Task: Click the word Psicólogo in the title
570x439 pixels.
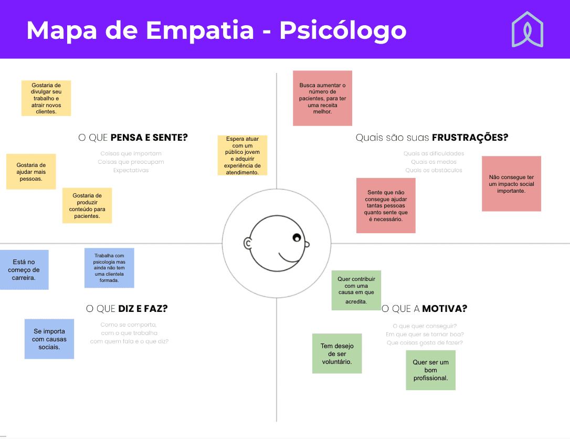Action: (343, 30)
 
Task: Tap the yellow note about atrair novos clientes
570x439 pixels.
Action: (46, 98)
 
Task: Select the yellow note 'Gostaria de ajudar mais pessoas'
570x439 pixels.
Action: (31, 172)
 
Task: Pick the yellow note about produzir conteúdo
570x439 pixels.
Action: (87, 205)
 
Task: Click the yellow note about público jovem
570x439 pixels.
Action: (242, 155)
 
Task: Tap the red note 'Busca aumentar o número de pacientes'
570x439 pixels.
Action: (322, 98)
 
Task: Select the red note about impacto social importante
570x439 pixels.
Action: (511, 184)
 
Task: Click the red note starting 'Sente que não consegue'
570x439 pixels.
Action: (386, 205)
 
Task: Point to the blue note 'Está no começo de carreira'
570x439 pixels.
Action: (24, 270)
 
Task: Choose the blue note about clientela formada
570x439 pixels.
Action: (109, 268)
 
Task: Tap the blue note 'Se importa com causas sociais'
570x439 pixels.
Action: (49, 339)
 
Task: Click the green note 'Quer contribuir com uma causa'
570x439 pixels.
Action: (356, 290)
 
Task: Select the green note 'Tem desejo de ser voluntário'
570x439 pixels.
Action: (337, 353)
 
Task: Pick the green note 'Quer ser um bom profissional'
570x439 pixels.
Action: (431, 370)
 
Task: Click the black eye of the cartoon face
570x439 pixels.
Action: (297, 238)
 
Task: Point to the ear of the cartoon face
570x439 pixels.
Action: (248, 244)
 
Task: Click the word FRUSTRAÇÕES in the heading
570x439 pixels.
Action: (470, 138)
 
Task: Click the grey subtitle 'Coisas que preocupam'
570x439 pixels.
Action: (131, 162)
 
